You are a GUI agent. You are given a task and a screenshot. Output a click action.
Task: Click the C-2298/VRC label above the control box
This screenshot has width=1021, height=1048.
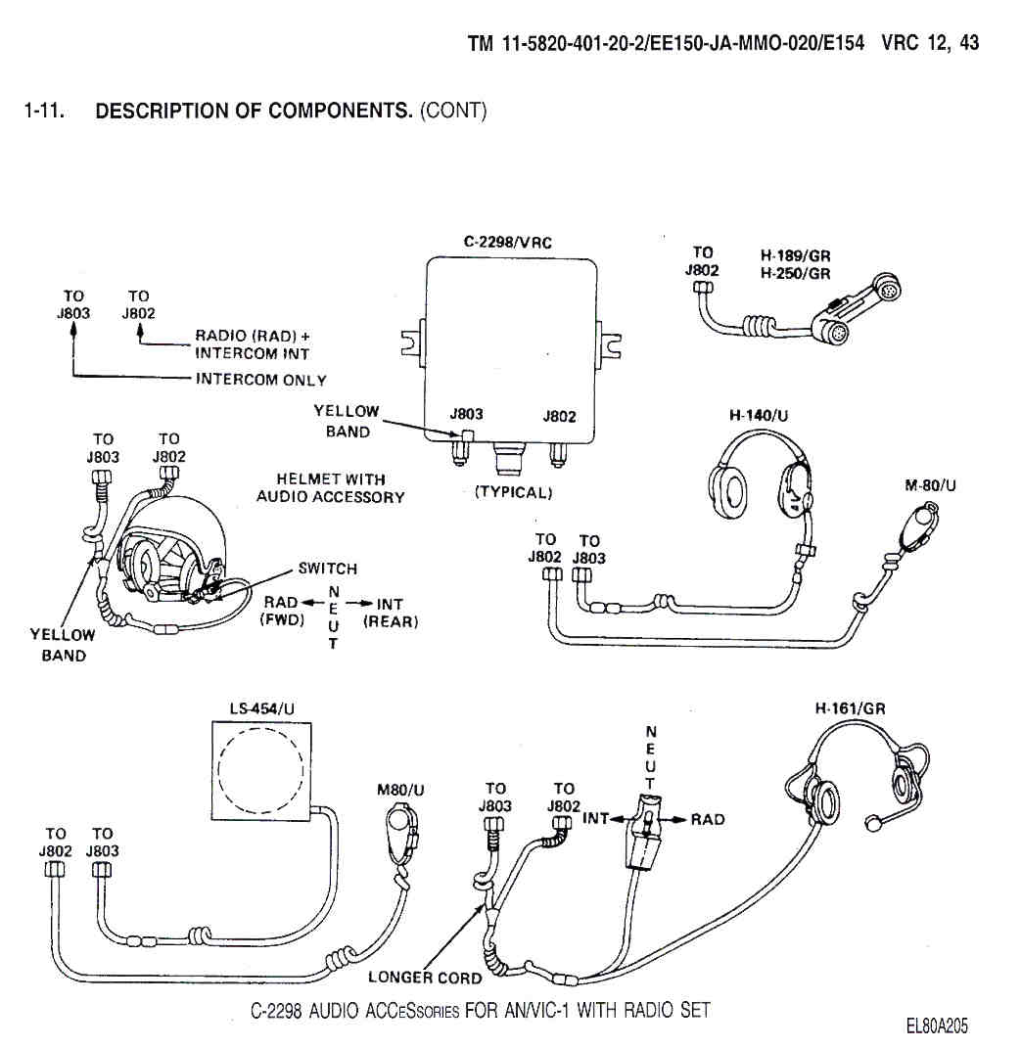(x=508, y=242)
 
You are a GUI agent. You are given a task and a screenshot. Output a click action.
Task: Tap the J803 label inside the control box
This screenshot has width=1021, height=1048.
(x=466, y=415)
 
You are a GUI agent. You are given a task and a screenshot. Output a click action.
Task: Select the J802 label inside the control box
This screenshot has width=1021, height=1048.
(x=559, y=416)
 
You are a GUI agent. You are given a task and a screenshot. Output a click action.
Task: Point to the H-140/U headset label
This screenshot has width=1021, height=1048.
(x=759, y=416)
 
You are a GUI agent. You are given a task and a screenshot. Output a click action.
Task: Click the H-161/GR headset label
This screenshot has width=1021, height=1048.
(x=850, y=708)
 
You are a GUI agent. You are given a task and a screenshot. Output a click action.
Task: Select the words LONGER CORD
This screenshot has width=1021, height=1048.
(x=425, y=977)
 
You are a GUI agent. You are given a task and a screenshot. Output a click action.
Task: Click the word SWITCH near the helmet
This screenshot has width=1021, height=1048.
(x=328, y=569)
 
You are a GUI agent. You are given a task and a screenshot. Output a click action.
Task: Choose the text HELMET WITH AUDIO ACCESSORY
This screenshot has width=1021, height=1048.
(x=330, y=488)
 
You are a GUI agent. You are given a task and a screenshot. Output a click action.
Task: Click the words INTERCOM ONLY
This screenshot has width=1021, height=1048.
(x=261, y=380)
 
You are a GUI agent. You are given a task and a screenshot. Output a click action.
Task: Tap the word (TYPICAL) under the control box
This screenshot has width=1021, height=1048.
(x=513, y=492)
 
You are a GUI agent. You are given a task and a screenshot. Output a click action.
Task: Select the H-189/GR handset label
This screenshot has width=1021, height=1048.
(x=795, y=256)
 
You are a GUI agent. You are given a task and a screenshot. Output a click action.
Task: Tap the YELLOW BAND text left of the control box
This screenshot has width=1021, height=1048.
(x=346, y=422)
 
